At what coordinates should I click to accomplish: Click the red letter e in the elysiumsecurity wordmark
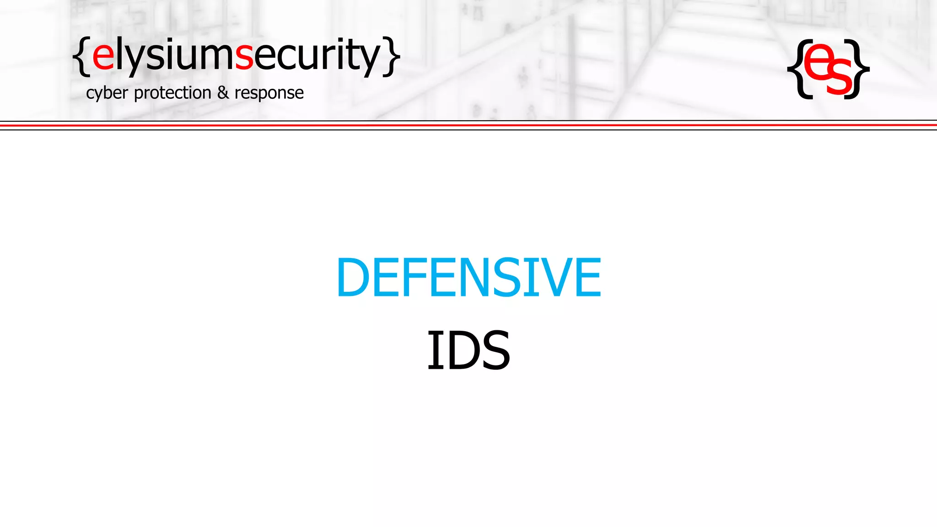[x=103, y=56]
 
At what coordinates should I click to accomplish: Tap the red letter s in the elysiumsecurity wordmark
[x=244, y=56]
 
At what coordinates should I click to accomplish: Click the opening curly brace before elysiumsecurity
[x=81, y=56]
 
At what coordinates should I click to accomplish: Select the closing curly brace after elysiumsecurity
[x=392, y=56]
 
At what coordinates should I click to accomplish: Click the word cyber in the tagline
[x=107, y=93]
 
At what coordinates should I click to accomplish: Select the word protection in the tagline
[x=172, y=93]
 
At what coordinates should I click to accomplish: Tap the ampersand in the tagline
[x=223, y=92]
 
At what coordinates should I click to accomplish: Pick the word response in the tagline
[x=269, y=93]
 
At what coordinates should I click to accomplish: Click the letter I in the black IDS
[x=432, y=350]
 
